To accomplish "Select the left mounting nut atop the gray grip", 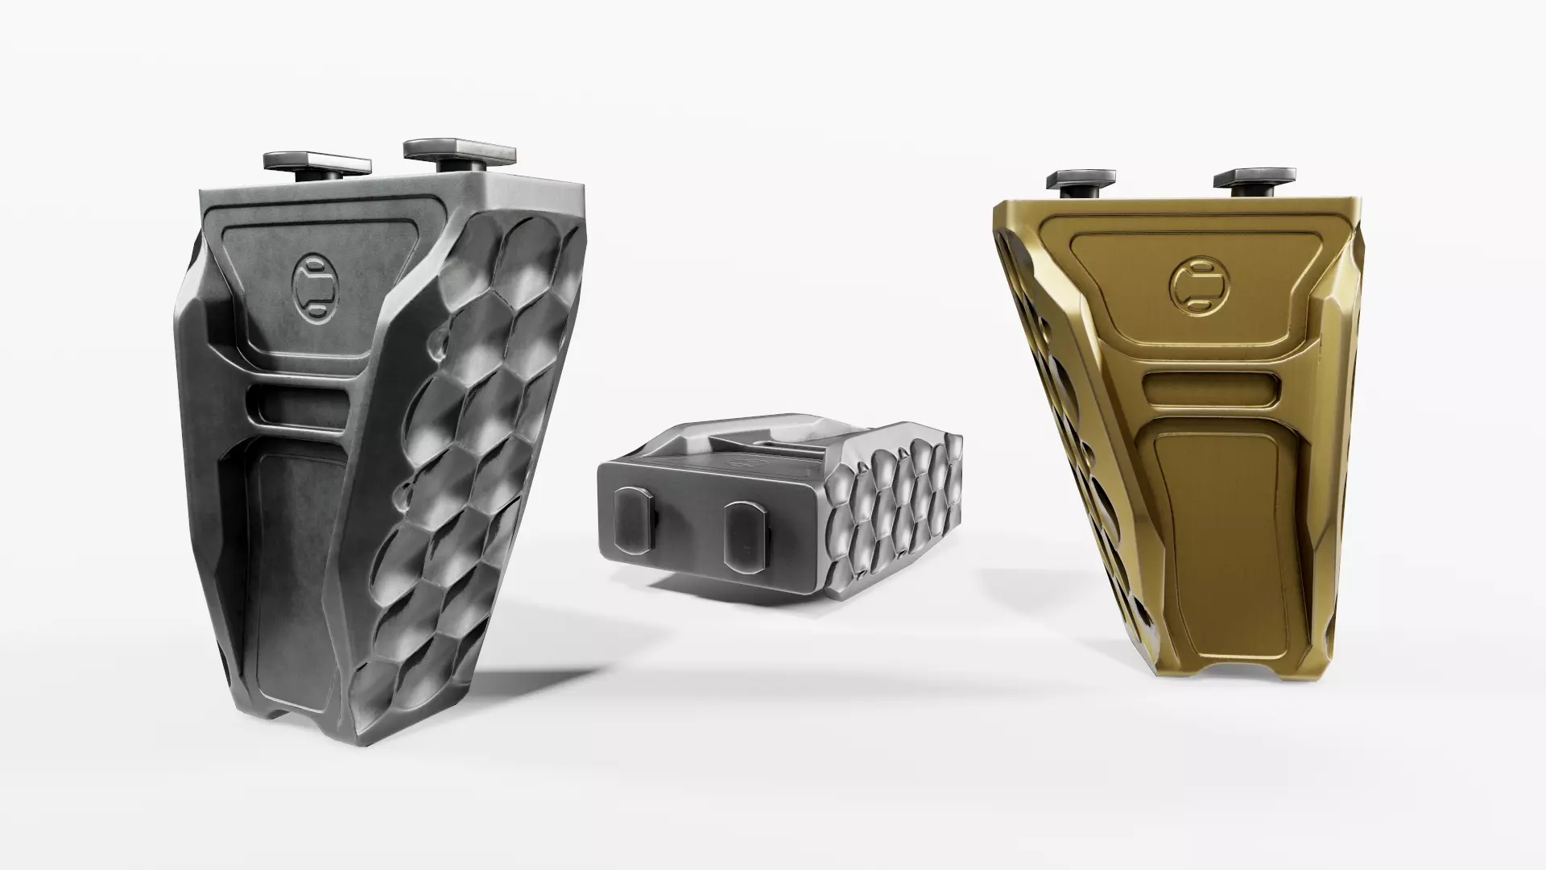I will [318, 159].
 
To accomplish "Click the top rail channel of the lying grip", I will [765, 439].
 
